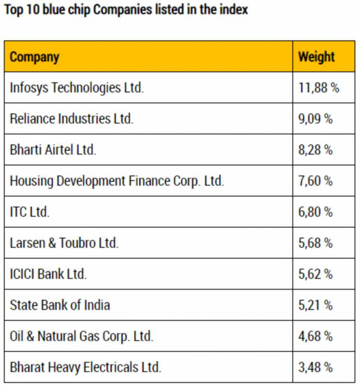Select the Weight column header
coord(316,57)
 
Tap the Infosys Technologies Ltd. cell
coord(76,88)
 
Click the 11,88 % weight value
coord(319,88)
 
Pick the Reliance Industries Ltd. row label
coord(71,119)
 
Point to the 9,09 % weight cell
coord(315,119)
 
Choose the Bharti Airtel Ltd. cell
coord(52,149)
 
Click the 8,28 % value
coord(315,149)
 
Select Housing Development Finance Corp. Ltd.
coord(117,181)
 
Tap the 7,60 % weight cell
coord(315,181)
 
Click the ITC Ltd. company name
coord(29,212)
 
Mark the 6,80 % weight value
coord(315,212)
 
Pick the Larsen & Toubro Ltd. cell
coord(64,243)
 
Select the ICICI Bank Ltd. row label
coord(48,274)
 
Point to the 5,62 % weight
coord(315,274)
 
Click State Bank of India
coord(60,305)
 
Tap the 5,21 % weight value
coord(315,305)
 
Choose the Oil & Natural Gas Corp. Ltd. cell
coord(81,336)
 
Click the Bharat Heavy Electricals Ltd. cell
coord(85,367)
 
